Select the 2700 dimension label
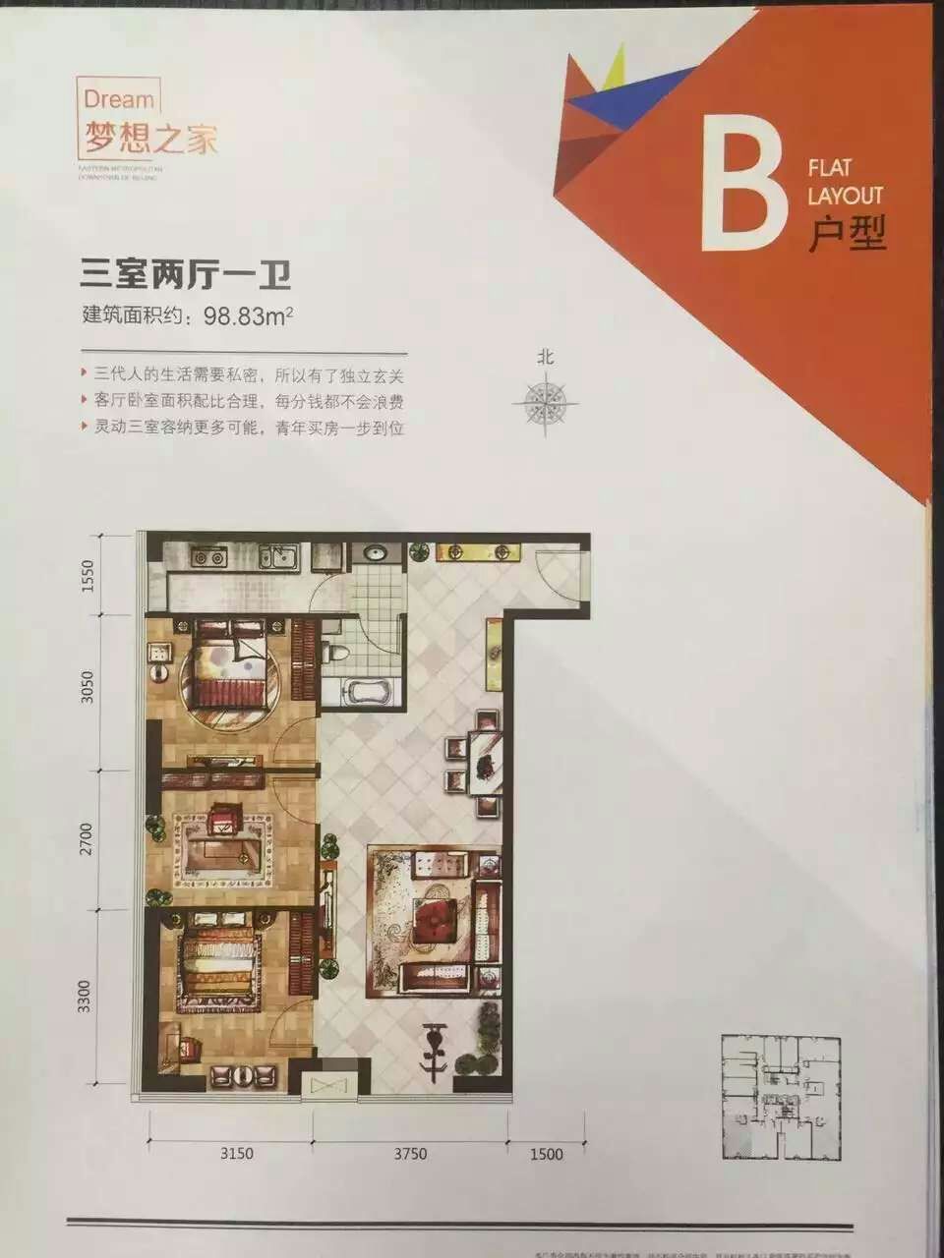(x=86, y=839)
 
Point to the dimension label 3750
(x=409, y=1153)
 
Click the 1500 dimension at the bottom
(x=546, y=1153)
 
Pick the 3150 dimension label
(x=235, y=1153)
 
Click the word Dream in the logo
(x=119, y=99)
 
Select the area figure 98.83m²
(x=249, y=316)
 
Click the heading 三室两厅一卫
(x=186, y=272)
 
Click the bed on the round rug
(x=228, y=668)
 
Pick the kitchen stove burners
(x=208, y=557)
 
